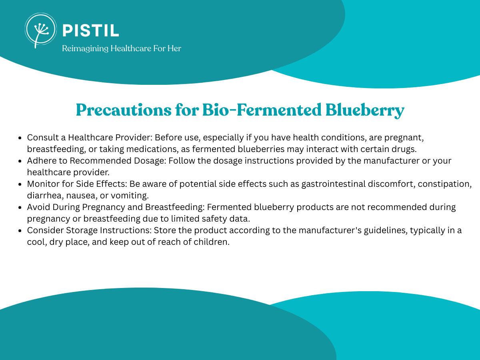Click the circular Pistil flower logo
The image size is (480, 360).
[x=41, y=30]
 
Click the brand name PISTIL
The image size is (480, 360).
[x=91, y=30]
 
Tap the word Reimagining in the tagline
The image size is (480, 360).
[x=85, y=48]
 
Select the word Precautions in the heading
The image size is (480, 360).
[x=124, y=110]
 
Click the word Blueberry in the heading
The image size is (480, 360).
[x=365, y=110]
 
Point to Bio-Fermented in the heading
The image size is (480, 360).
[x=262, y=110]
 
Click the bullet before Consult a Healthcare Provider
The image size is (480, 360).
[x=20, y=138]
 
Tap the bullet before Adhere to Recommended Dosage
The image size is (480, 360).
[x=20, y=161]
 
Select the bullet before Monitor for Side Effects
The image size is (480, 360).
[x=20, y=184]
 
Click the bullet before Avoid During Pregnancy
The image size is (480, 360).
[x=20, y=208]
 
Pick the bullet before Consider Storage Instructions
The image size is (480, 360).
[x=20, y=231]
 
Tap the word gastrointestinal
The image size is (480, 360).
[x=334, y=184]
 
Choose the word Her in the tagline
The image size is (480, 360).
[x=174, y=48]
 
